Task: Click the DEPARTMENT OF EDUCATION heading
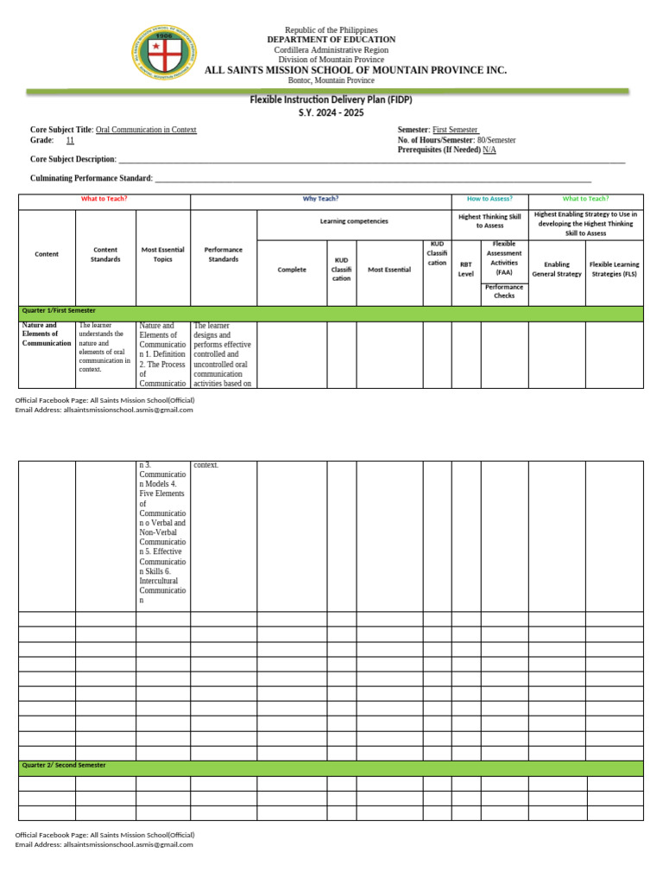coord(331,40)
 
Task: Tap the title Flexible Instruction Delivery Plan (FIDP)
coord(331,100)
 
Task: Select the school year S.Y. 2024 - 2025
coord(331,113)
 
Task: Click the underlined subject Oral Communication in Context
coord(146,130)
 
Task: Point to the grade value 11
coord(70,140)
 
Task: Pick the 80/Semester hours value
coord(496,140)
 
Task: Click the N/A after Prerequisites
coord(489,150)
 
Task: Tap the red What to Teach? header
coord(104,199)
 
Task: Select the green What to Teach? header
coord(585,199)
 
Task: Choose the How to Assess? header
coord(489,199)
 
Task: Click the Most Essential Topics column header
coord(163,254)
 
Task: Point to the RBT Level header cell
coord(466,269)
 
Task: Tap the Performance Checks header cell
coord(504,291)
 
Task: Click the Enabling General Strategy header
coord(557,269)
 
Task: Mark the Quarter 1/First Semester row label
coord(59,310)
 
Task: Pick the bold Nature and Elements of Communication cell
coord(47,334)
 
